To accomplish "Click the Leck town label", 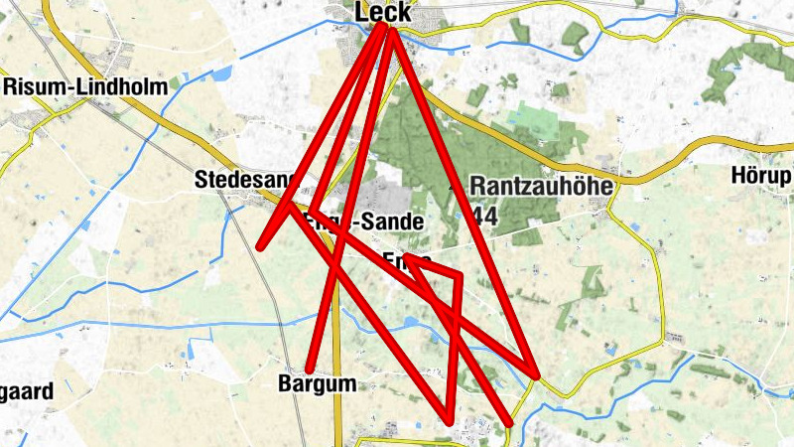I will [383, 11].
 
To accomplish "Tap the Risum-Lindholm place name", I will [85, 85].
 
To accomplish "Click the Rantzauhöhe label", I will [542, 186].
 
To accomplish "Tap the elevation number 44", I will [485, 217].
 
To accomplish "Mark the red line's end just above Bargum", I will [311, 369].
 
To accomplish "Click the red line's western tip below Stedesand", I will [261, 246].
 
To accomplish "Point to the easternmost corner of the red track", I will [536, 376].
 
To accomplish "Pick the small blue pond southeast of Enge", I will [411, 321].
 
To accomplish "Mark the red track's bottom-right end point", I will [508, 423].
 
